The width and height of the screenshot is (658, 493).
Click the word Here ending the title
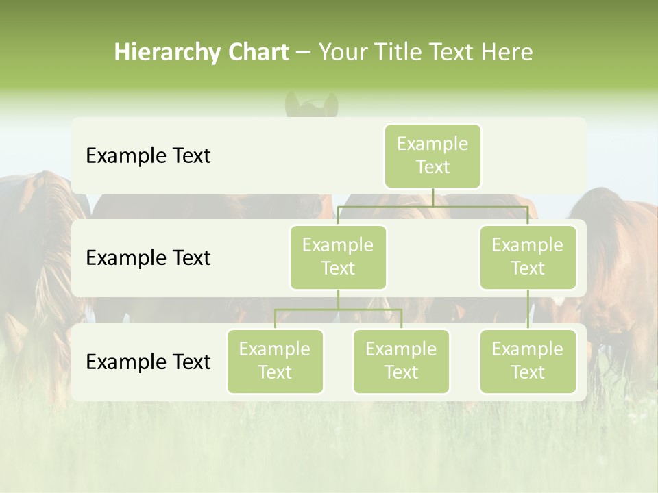(507, 53)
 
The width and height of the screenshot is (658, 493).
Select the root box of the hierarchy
(432, 155)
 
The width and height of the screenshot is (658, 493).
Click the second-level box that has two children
(338, 257)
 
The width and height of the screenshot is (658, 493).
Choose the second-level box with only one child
(528, 257)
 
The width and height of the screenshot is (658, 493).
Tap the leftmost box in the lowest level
(275, 361)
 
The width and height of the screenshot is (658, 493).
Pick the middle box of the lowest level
(401, 361)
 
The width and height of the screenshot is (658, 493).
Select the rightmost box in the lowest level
(528, 361)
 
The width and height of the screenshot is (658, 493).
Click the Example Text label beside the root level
(148, 156)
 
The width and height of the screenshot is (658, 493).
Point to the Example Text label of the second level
(148, 258)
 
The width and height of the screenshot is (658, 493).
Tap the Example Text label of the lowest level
(148, 362)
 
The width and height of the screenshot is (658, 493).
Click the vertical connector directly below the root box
(432, 197)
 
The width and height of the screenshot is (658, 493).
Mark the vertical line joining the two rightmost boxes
(528, 309)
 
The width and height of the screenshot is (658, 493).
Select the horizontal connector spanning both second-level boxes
(432, 206)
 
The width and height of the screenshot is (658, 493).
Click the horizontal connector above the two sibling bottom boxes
(338, 309)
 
